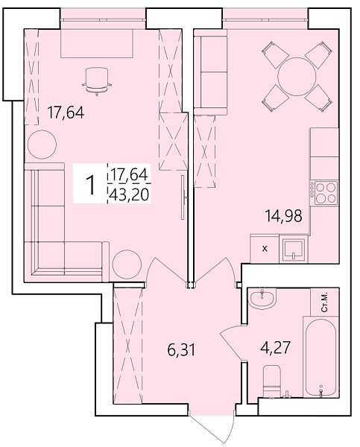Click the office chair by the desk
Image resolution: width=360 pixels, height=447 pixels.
coord(97,81)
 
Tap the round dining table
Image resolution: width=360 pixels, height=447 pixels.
coord(297,77)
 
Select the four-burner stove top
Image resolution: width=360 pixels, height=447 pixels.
coord(324,192)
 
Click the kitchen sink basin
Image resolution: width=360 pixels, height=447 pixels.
coord(294,250)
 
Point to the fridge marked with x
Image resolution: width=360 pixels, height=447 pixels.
coord(265,249)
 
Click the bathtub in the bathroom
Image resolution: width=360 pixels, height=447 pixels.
coord(320,357)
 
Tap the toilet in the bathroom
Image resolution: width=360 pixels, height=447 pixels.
coord(272,381)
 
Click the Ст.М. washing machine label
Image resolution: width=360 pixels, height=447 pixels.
coord(325,302)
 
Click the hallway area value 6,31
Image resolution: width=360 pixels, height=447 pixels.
coord(181,350)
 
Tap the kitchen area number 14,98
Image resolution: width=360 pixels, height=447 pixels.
coord(283,216)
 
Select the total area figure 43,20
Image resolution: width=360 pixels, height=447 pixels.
coord(130,195)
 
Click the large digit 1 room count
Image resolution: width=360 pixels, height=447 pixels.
coord(91,185)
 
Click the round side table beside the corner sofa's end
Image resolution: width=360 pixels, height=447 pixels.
coord(127,264)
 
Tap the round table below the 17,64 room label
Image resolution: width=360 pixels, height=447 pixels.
coord(42,145)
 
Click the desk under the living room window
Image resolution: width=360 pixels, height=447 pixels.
coord(97,43)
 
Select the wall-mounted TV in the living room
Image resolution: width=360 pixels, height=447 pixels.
coord(183,197)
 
